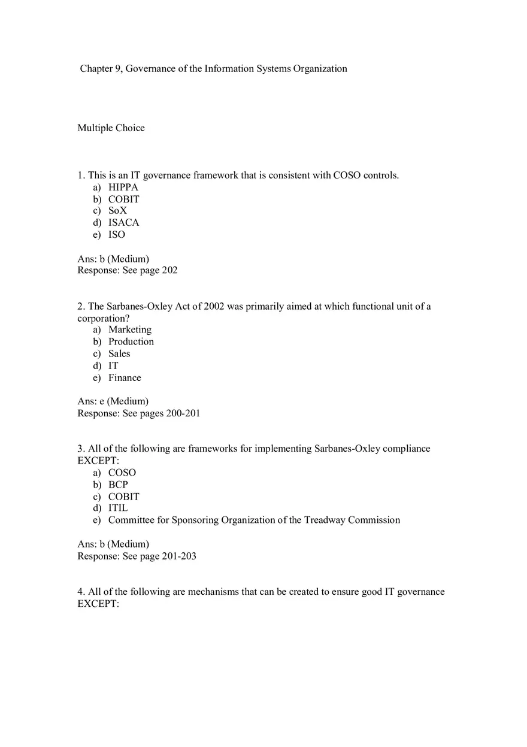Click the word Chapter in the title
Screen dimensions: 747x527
pyautogui.click(x=96, y=69)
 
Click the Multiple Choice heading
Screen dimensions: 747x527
pyautogui.click(x=111, y=128)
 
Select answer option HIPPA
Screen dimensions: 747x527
pyautogui.click(x=123, y=187)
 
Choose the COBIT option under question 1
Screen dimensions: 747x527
pyautogui.click(x=123, y=199)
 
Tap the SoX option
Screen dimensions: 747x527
pyautogui.click(x=117, y=211)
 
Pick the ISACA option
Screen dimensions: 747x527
pyautogui.click(x=123, y=223)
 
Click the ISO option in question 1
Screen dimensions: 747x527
pyautogui.click(x=117, y=235)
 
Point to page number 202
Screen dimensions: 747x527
pyautogui.click(x=169, y=270)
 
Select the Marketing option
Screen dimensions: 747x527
pyautogui.click(x=129, y=329)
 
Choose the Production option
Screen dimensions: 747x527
pyautogui.click(x=131, y=341)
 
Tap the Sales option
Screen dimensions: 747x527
pyautogui.click(x=119, y=353)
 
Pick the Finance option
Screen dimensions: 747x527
pyautogui.click(x=125, y=377)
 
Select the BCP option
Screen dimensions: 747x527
pyautogui.click(x=118, y=485)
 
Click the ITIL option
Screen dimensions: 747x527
pyautogui.click(x=118, y=508)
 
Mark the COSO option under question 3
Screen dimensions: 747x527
pyautogui.click(x=122, y=473)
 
